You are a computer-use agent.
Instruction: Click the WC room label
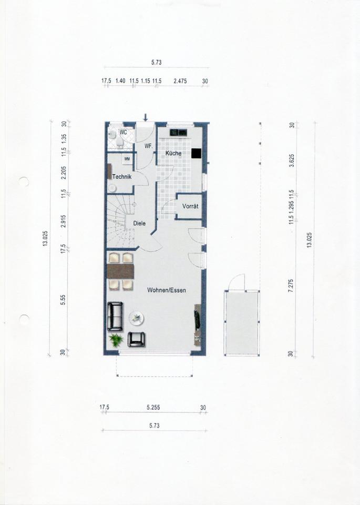(x=123, y=133)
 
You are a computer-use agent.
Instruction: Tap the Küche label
(x=173, y=153)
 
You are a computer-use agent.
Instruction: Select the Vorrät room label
(x=190, y=206)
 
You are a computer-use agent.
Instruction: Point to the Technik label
(x=122, y=177)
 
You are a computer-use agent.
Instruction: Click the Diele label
(x=139, y=223)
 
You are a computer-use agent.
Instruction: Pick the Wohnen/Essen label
(x=167, y=290)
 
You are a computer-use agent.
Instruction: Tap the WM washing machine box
(x=127, y=159)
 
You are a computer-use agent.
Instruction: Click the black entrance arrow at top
(x=146, y=117)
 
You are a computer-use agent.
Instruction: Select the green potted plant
(x=116, y=340)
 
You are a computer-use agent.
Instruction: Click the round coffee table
(x=137, y=318)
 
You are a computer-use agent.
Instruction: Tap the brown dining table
(x=120, y=271)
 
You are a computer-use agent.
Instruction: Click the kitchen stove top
(x=179, y=132)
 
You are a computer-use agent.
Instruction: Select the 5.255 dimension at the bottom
(x=153, y=407)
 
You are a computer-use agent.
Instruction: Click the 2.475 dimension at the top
(x=180, y=81)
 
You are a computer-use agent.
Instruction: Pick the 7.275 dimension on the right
(x=291, y=286)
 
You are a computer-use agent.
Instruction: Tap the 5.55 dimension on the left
(x=64, y=300)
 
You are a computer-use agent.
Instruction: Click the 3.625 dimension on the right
(x=292, y=161)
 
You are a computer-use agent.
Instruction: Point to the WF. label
(x=148, y=146)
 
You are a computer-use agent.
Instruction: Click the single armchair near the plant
(x=137, y=339)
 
